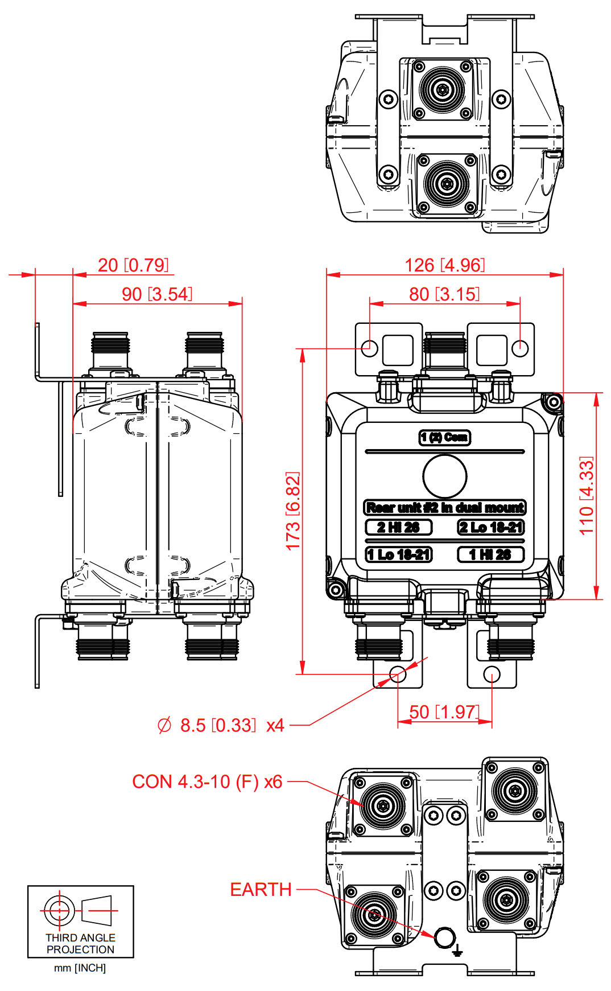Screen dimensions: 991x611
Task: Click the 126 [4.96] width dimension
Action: tap(444, 265)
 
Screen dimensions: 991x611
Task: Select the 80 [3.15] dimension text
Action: tap(444, 294)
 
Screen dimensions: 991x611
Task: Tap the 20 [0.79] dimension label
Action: tap(133, 265)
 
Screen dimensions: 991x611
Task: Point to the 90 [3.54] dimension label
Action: tap(157, 294)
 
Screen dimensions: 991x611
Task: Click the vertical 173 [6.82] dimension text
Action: tap(292, 511)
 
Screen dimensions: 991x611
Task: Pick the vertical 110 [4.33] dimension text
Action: tap(587, 495)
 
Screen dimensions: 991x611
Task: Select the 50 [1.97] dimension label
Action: tap(444, 712)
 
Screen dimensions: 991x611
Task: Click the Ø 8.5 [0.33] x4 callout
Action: tap(221, 726)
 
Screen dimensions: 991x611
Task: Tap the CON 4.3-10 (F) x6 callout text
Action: tap(207, 782)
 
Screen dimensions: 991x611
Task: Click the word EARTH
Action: tap(261, 890)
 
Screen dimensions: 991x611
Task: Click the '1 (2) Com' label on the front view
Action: tap(445, 437)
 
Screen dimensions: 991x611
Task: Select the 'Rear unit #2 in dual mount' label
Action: tap(445, 507)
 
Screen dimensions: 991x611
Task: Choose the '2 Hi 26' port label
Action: tap(398, 527)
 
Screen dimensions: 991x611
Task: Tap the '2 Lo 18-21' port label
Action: tap(490, 527)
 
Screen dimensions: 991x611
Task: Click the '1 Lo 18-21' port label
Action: tap(398, 554)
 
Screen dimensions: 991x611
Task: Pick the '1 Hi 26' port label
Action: tap(490, 554)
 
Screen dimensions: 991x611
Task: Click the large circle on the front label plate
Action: tap(445, 476)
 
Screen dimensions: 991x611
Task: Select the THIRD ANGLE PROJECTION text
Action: tap(80, 943)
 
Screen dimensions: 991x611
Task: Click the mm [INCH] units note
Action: tap(80, 968)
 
